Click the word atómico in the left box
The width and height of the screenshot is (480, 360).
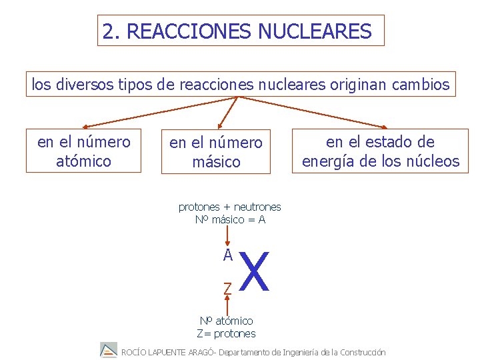click(83, 161)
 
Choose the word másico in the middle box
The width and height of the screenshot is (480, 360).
click(216, 162)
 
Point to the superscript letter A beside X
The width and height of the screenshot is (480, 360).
click(227, 255)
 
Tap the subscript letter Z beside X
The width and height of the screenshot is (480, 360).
click(227, 288)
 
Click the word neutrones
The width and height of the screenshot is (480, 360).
click(257, 207)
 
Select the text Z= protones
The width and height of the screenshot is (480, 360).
click(226, 333)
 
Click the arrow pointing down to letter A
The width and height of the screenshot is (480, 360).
click(227, 235)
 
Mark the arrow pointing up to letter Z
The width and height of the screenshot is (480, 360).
click(227, 305)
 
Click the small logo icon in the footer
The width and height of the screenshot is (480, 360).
click(108, 351)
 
